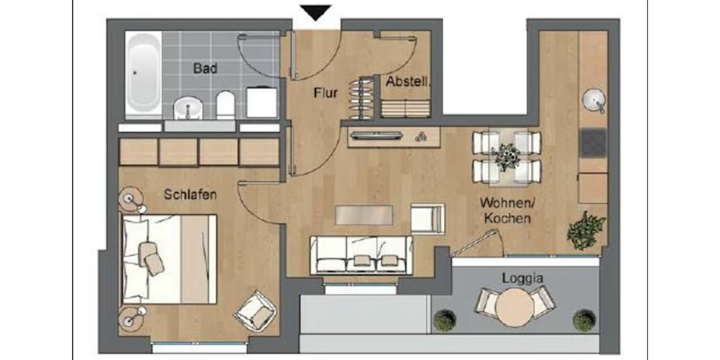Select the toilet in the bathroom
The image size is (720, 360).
[x=225, y=104]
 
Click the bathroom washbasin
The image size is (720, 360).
[x=188, y=108]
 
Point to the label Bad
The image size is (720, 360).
[x=205, y=68]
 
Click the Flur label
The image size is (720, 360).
[x=326, y=93]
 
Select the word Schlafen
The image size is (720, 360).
[x=190, y=194]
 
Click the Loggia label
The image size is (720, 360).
[x=523, y=278]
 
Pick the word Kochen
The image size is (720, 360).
[x=508, y=218]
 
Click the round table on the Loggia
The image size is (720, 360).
[x=514, y=307]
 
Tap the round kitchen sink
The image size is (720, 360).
[x=594, y=100]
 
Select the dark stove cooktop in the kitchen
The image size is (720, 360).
[x=593, y=142]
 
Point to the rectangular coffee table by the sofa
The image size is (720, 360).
[x=364, y=215]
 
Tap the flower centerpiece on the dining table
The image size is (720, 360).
[x=506, y=155]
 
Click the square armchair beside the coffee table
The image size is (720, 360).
[x=427, y=218]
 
